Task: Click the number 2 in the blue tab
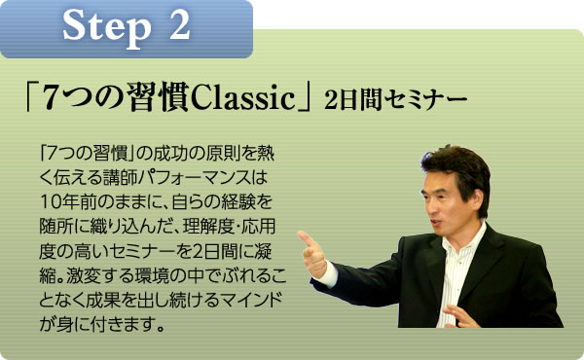179,27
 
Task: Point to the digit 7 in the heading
60,99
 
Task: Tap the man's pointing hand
313,252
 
